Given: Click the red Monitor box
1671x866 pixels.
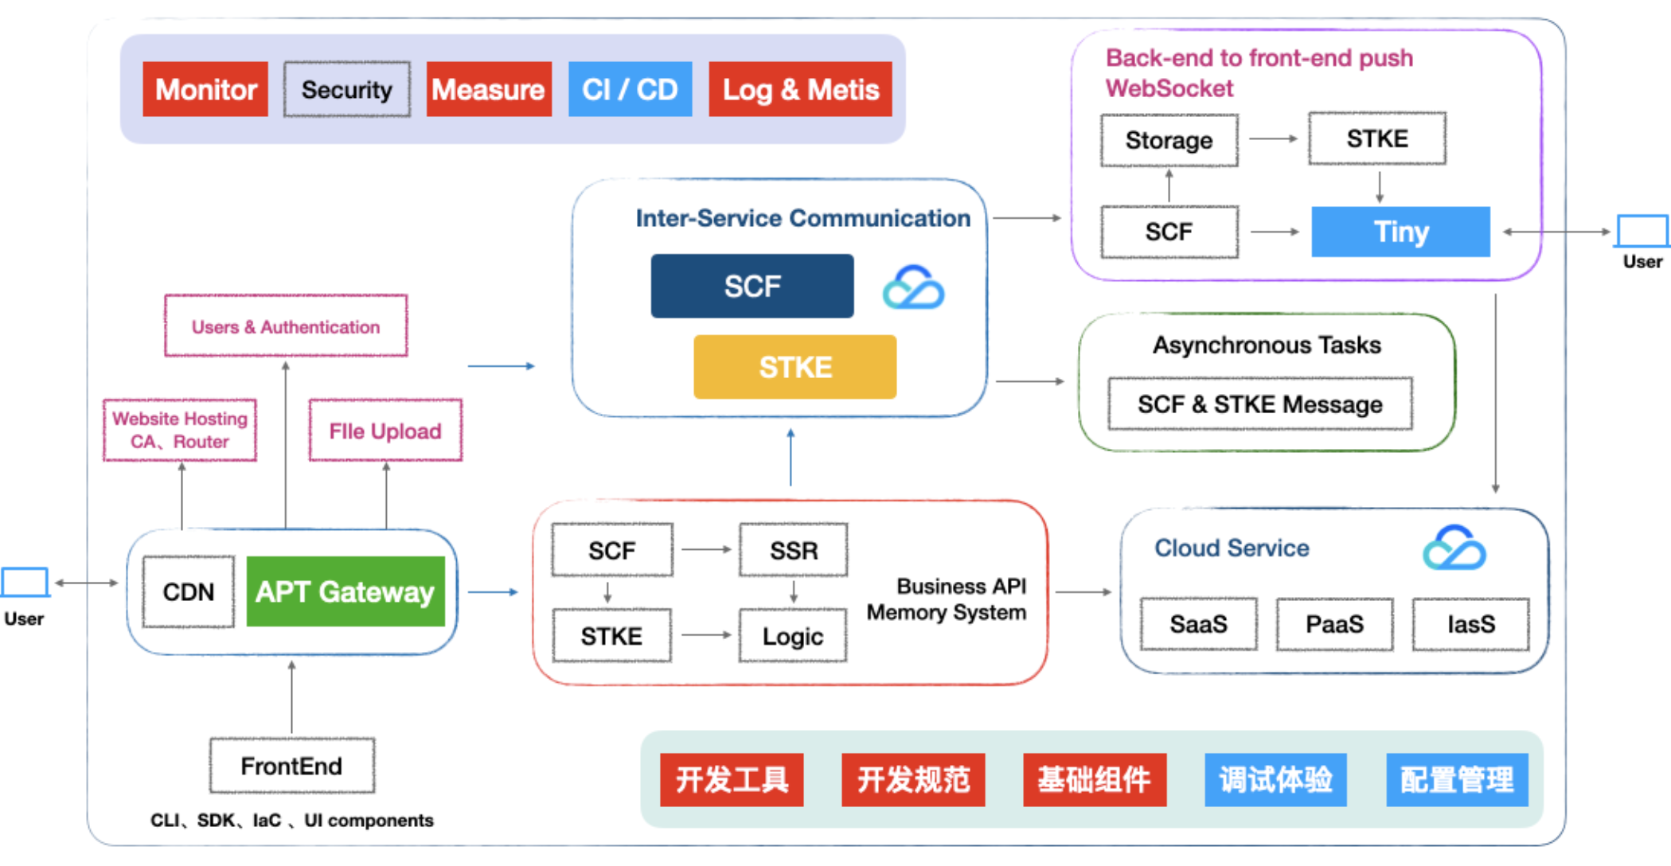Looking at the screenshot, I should pyautogui.click(x=205, y=89).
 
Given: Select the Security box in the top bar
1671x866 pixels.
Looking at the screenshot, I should pyautogui.click(x=347, y=89).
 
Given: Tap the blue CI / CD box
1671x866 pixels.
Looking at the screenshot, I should pyautogui.click(x=630, y=89).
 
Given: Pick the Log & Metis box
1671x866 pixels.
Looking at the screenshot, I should pyautogui.click(x=800, y=89).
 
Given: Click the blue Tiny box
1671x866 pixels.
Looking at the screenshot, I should pyautogui.click(x=1400, y=232).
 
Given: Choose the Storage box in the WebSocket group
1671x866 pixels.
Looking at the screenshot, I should pyautogui.click(x=1169, y=140).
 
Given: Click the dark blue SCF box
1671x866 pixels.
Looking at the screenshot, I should pyautogui.click(x=752, y=286).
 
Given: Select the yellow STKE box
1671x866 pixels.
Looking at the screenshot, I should pyautogui.click(x=795, y=367).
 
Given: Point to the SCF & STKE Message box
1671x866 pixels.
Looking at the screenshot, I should pyautogui.click(x=1259, y=404).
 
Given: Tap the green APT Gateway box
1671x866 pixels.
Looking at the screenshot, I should pyautogui.click(x=345, y=591).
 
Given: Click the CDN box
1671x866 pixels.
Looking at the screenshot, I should pyautogui.click(x=189, y=591).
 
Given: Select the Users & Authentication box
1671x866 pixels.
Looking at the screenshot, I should pyautogui.click(x=286, y=326).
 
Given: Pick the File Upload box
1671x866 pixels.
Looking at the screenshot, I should pyautogui.click(x=385, y=431).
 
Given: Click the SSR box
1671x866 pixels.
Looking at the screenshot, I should pyautogui.click(x=793, y=550).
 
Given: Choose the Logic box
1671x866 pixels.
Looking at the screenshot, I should pyautogui.click(x=792, y=636).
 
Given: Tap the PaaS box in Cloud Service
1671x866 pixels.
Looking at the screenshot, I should pyautogui.click(x=1334, y=624).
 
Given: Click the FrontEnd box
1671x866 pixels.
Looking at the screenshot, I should pyautogui.click(x=291, y=766).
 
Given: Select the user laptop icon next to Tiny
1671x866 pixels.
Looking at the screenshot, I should pyautogui.click(x=1642, y=232).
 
